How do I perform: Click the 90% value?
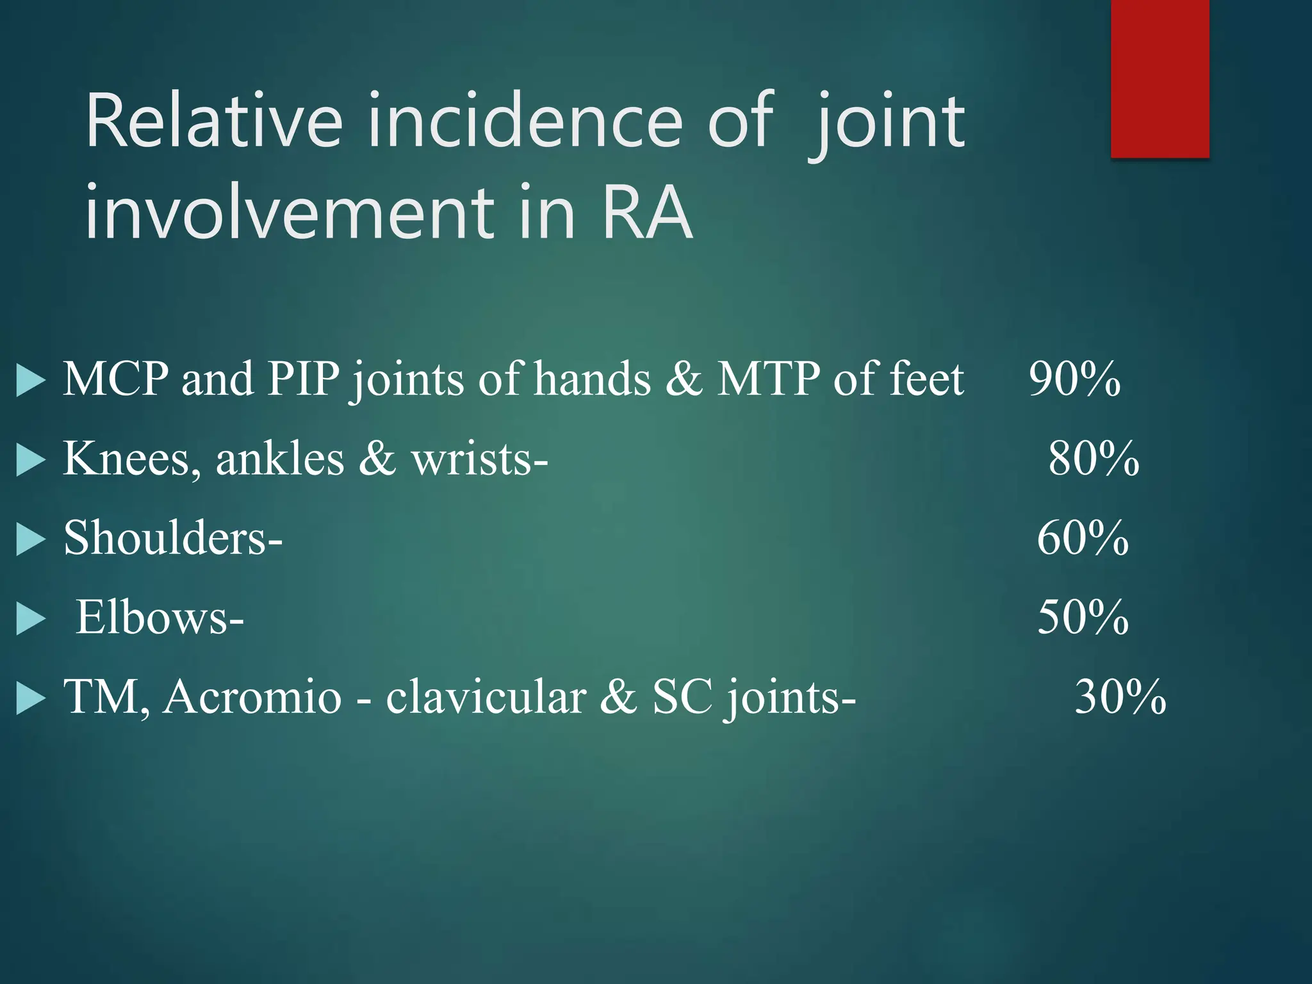tap(1074, 379)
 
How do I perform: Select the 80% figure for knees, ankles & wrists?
tap(1094, 459)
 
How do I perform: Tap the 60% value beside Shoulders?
tap(1083, 538)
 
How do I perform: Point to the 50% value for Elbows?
tap(1083, 618)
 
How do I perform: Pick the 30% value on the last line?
tap(1120, 697)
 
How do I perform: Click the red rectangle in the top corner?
tap(1160, 78)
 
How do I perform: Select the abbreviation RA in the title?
tap(647, 211)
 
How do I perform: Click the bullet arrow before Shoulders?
tap(30, 539)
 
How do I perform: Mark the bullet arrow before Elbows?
tap(30, 619)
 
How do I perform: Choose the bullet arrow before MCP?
tap(30, 381)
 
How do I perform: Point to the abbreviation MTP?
tap(768, 379)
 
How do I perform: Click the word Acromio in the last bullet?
tap(252, 697)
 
